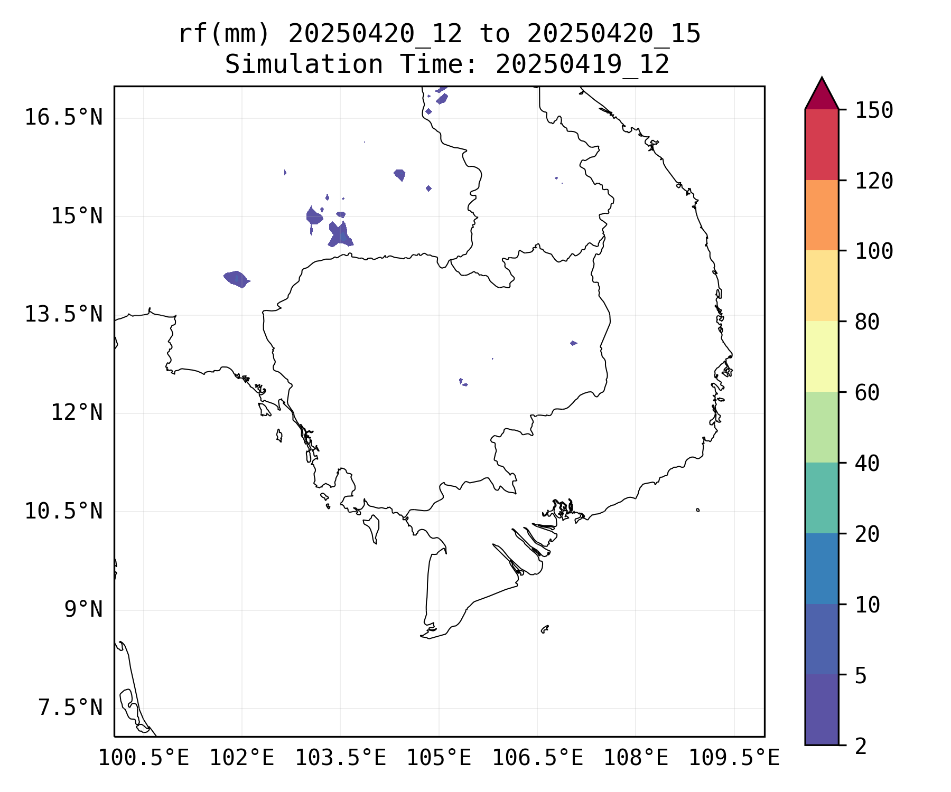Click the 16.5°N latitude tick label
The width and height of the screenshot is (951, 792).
pyautogui.click(x=63, y=117)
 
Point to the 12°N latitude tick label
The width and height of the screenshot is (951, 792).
pyautogui.click(x=76, y=412)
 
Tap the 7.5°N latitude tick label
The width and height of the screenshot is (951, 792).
pyautogui.click(x=70, y=708)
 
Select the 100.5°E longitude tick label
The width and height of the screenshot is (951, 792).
pyautogui.click(x=144, y=758)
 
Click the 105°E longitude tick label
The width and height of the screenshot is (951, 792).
pyautogui.click(x=439, y=758)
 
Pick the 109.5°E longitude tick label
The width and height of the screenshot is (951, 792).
pyautogui.click(x=734, y=758)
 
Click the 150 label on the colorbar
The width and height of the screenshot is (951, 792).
pyautogui.click(x=874, y=110)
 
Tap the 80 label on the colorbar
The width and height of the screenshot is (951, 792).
pyautogui.click(x=867, y=322)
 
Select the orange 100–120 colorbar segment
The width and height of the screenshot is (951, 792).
pyautogui.click(x=822, y=215)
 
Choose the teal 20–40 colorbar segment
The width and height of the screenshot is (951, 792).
pyautogui.click(x=822, y=498)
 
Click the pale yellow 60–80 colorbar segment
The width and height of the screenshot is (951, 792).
pyautogui.click(x=822, y=356)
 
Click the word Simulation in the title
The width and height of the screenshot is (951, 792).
pyautogui.click(x=304, y=65)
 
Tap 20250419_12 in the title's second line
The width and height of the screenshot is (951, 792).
pyautogui.click(x=582, y=65)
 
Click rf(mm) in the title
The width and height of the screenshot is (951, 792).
pyautogui.click(x=224, y=34)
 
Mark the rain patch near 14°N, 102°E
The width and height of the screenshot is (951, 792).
pyautogui.click(x=236, y=278)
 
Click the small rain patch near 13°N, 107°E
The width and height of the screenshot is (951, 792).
pyautogui.click(x=574, y=343)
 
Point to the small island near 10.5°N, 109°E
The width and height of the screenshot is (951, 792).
pyautogui.click(x=698, y=510)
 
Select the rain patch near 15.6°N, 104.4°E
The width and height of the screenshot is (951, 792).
pyautogui.click(x=400, y=174)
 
